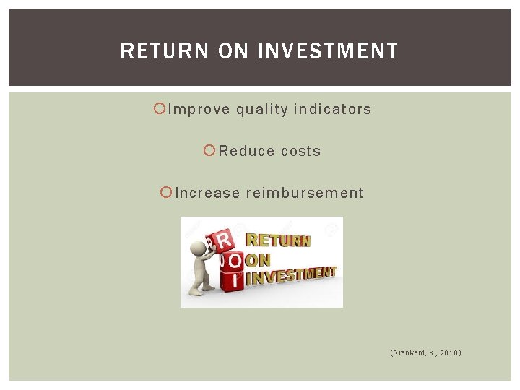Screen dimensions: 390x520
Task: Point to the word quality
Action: click(x=261, y=110)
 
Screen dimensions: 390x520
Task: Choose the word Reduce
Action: click(x=246, y=151)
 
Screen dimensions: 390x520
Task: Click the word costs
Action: click(x=300, y=151)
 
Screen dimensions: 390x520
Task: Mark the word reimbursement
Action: click(x=305, y=193)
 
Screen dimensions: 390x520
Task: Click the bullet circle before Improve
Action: click(x=160, y=109)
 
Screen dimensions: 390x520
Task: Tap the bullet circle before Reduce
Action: click(x=209, y=150)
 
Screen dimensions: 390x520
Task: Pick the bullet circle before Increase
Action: click(x=165, y=192)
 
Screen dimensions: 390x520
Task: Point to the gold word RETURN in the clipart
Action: click(x=279, y=240)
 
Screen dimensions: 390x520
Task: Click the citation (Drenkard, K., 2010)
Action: click(x=425, y=352)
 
